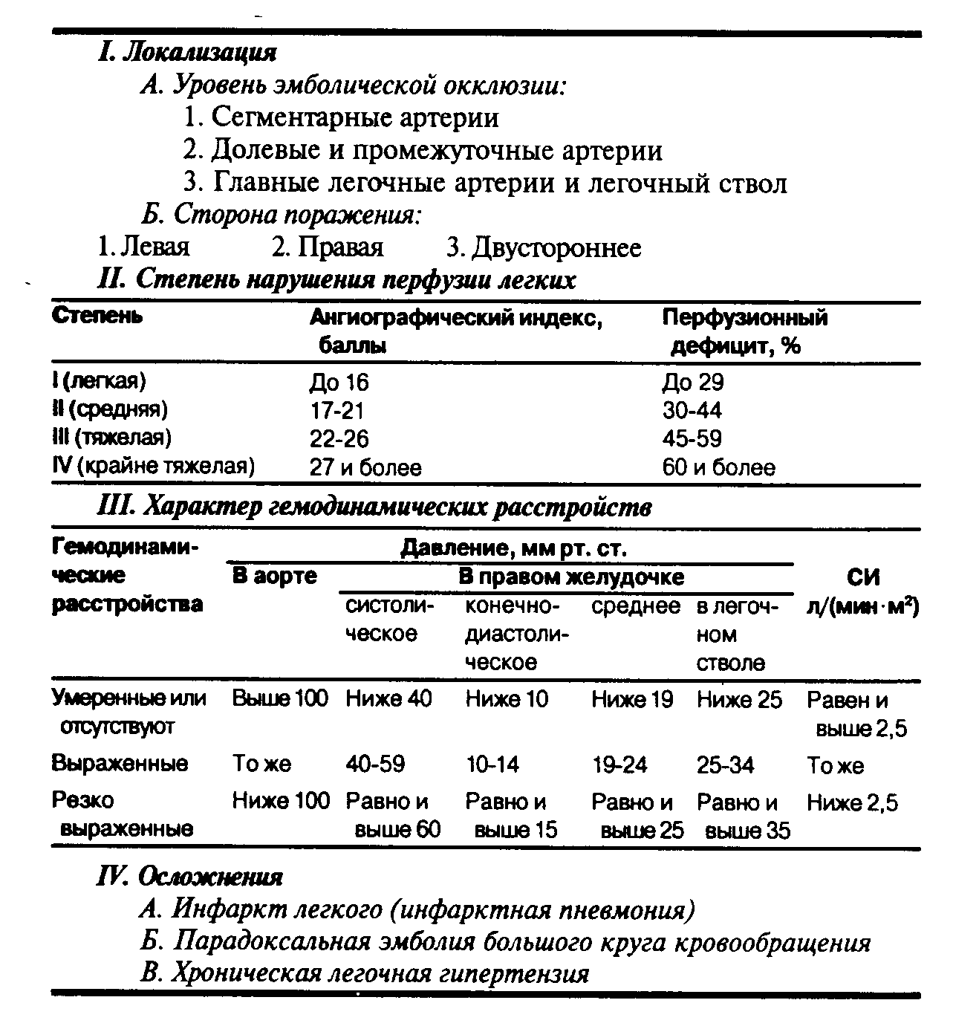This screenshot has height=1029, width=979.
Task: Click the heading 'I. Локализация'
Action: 187,53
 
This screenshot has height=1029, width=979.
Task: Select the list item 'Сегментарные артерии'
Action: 342,117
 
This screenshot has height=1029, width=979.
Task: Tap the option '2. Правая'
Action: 327,247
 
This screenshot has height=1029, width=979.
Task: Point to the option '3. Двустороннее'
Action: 544,247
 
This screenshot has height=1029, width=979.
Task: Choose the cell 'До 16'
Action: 339,383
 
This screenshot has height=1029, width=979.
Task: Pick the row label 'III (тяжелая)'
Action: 111,438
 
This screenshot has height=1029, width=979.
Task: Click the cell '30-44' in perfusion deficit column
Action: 692,410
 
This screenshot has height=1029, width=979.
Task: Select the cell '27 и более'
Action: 365,467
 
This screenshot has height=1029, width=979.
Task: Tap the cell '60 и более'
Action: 718,467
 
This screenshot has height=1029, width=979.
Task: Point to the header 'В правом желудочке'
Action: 570,577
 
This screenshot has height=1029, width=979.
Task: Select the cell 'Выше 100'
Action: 280,699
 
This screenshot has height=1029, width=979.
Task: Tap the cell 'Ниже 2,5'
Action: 851,802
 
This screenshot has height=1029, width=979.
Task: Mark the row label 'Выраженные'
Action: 120,764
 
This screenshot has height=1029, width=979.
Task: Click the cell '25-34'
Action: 725,765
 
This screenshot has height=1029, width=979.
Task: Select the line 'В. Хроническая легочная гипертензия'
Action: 365,973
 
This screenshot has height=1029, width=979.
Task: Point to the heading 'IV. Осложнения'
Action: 190,877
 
